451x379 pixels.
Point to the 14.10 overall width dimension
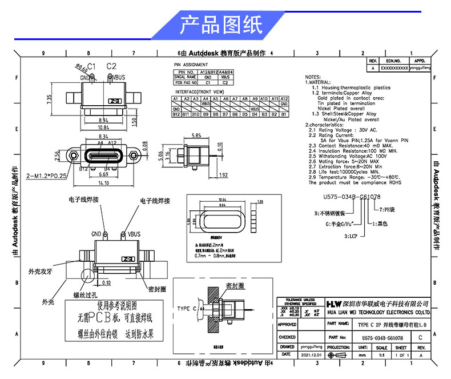coord(103,183)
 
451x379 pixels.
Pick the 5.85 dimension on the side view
coord(196,136)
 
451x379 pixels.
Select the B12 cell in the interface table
coord(176,114)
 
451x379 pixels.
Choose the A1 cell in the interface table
coord(176,99)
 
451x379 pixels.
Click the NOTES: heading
coord(313,77)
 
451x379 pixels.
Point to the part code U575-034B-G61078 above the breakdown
coord(344,197)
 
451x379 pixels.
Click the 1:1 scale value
coord(381,354)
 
